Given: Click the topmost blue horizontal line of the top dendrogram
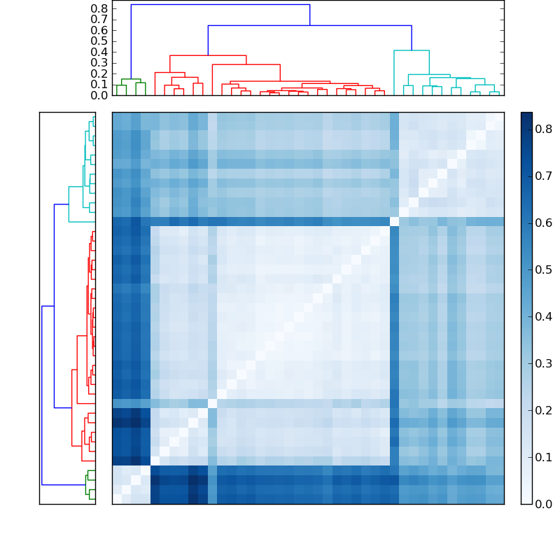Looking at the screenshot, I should click(220, 5).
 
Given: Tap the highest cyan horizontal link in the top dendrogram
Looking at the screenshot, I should click(411, 50).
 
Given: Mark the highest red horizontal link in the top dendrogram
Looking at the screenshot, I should click(208, 55).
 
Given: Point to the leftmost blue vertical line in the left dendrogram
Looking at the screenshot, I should click(42, 395).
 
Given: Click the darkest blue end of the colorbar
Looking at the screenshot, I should click(526, 115).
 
